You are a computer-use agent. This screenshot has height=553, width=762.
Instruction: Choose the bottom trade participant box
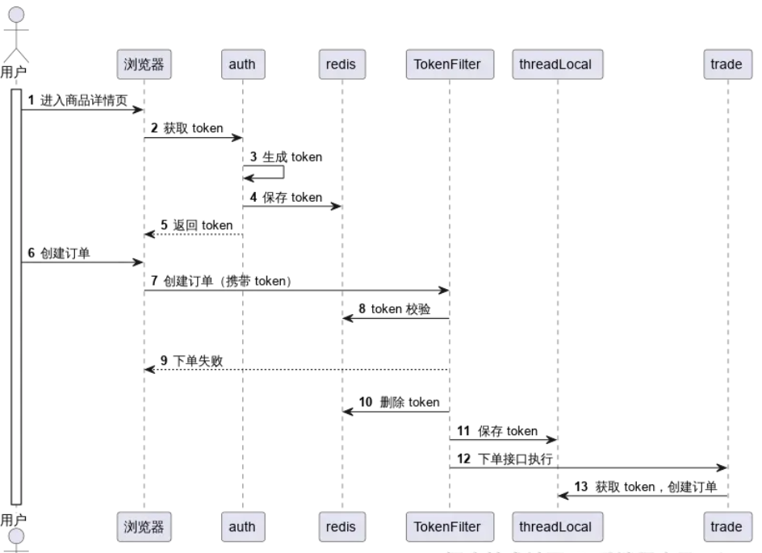726,526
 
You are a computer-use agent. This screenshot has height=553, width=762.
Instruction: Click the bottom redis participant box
341,526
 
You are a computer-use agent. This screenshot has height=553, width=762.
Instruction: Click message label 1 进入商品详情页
79,100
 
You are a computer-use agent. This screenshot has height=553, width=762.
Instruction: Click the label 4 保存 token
287,197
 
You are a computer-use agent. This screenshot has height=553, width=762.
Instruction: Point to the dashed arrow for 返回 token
194,234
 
